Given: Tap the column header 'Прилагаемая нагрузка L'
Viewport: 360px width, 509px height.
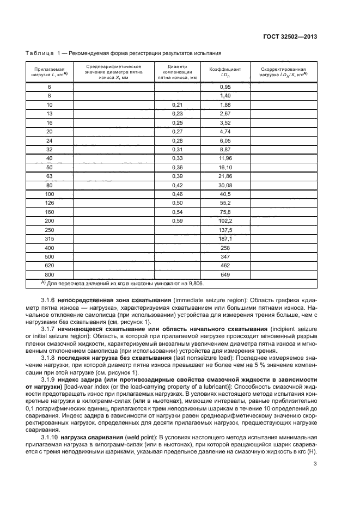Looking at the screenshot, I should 50,73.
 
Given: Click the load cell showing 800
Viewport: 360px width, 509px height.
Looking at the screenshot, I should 50,275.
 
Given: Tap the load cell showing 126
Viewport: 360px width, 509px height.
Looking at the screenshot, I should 50,203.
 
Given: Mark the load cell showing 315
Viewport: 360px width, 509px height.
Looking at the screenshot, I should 50,239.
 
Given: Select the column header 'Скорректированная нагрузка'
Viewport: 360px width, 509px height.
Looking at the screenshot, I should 283,73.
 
